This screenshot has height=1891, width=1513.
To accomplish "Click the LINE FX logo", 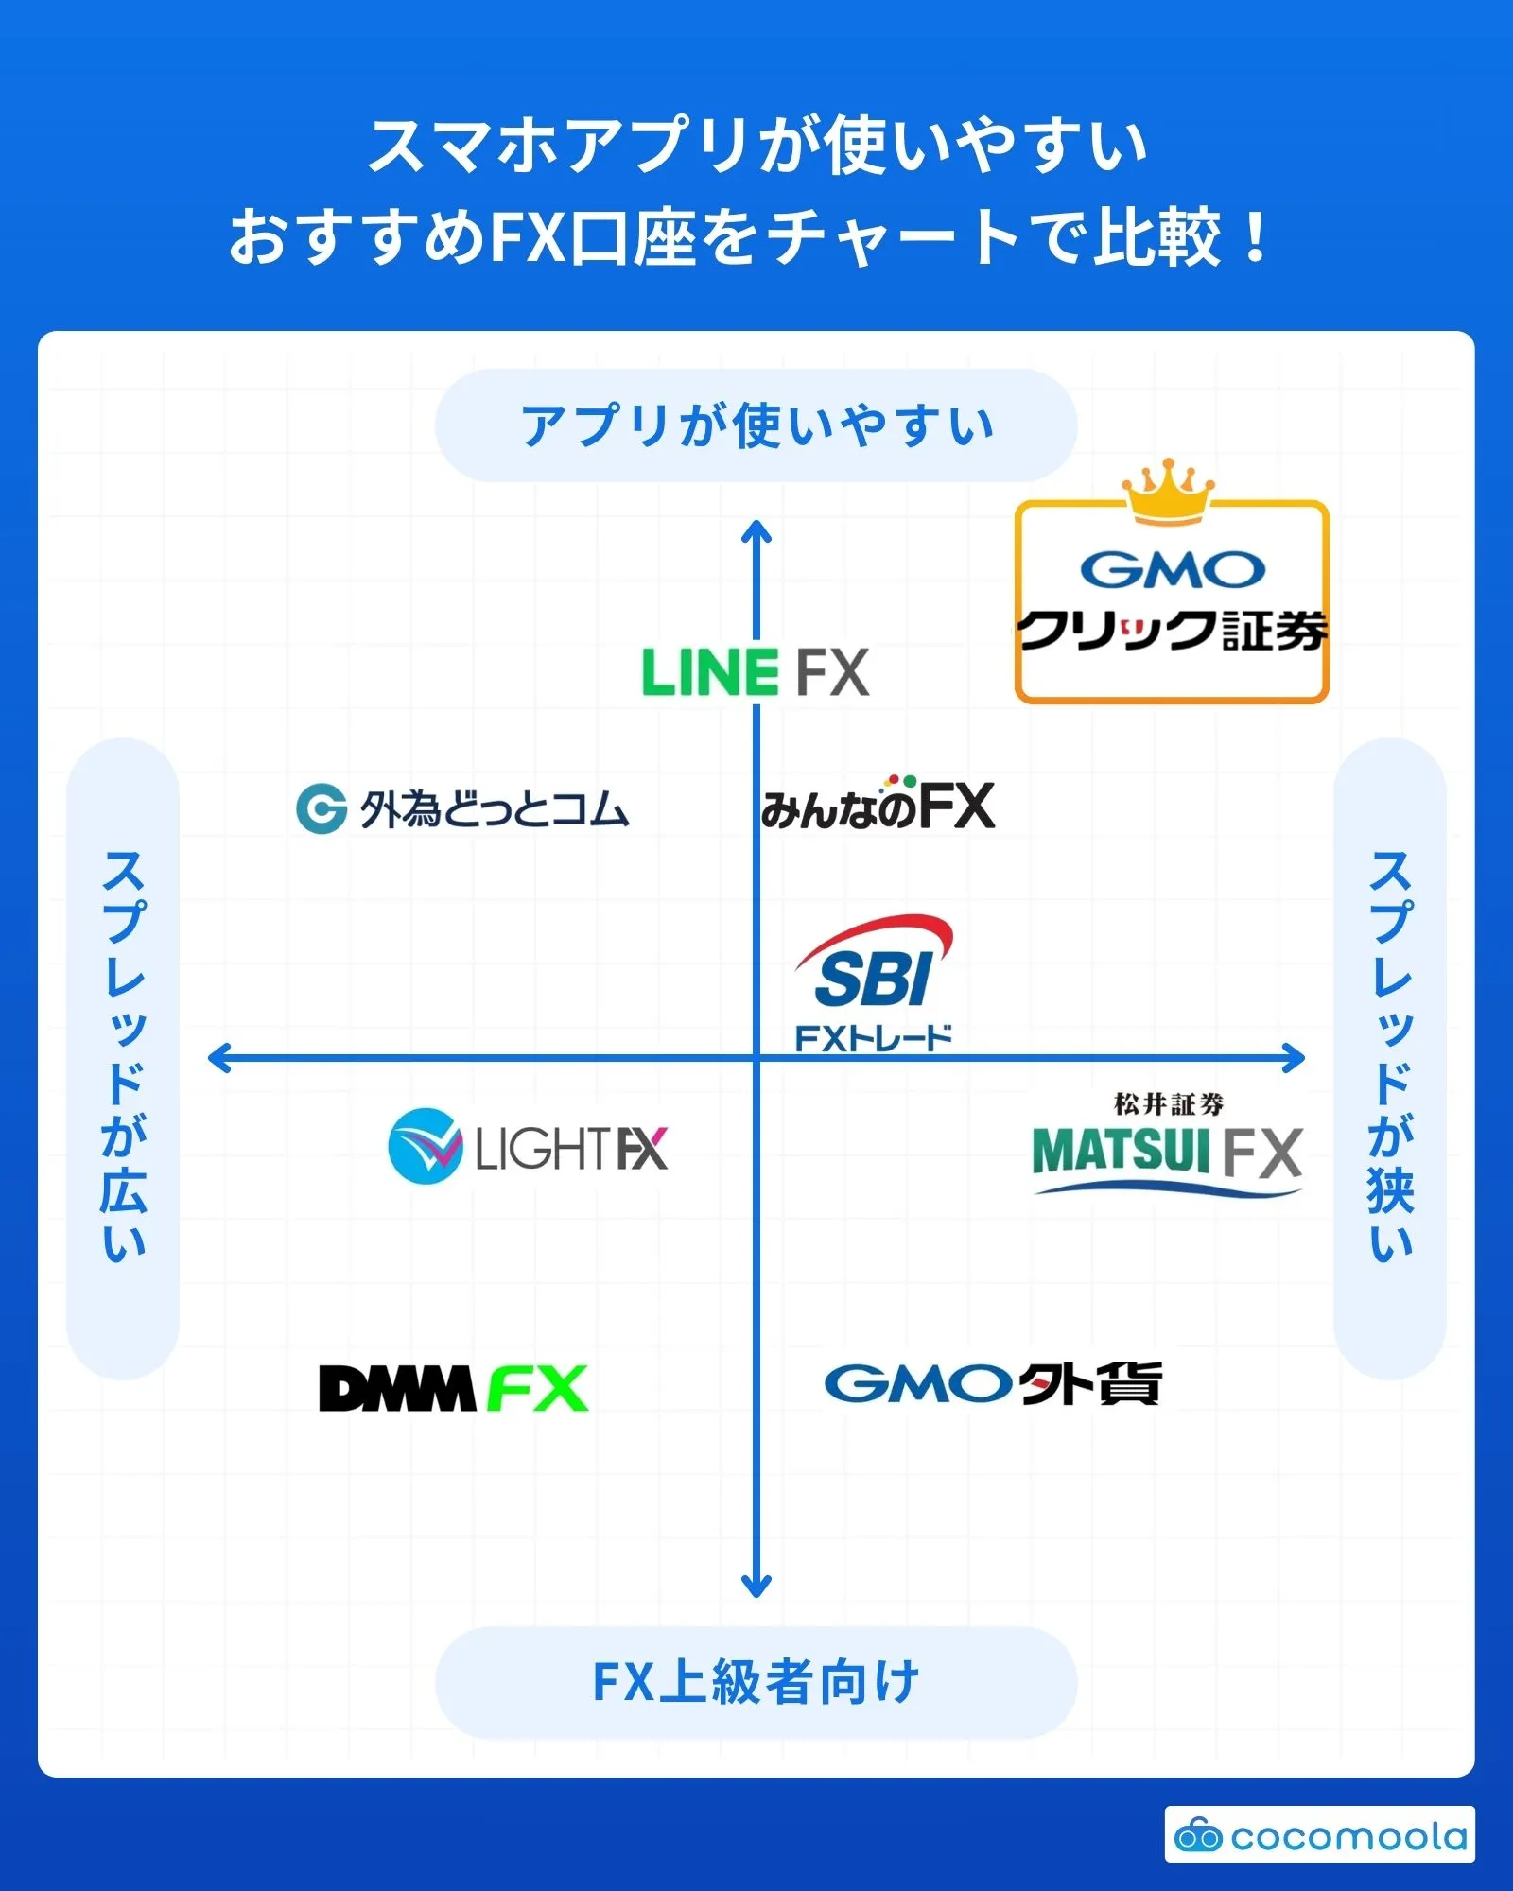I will (755, 672).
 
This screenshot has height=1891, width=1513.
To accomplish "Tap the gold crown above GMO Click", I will (1169, 490).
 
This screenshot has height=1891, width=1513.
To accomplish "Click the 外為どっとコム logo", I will (462, 809).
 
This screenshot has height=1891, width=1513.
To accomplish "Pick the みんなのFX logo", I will (878, 806).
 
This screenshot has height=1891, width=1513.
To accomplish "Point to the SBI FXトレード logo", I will (874, 983).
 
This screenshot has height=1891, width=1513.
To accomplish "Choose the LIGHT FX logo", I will (528, 1147).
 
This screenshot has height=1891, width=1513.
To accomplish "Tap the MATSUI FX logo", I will (1168, 1146).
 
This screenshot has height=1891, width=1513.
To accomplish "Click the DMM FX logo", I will (454, 1388).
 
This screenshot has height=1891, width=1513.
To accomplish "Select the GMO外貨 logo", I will (993, 1384).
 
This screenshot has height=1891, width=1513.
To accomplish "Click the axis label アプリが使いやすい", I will (756, 425).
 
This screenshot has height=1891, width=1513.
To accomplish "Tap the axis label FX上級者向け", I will (756, 1682).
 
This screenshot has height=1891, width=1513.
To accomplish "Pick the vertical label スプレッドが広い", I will (123, 1057).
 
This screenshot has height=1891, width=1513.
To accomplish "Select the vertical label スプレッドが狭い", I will (1390, 1057).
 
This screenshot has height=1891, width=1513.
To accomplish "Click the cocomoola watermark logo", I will (1320, 1835).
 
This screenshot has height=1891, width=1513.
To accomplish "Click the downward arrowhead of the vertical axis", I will (756, 1587).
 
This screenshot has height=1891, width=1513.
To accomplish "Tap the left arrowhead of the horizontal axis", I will (218, 1058).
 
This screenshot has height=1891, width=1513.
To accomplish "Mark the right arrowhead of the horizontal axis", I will (1295, 1058).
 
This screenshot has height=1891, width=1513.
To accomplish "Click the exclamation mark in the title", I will (1256, 238).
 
